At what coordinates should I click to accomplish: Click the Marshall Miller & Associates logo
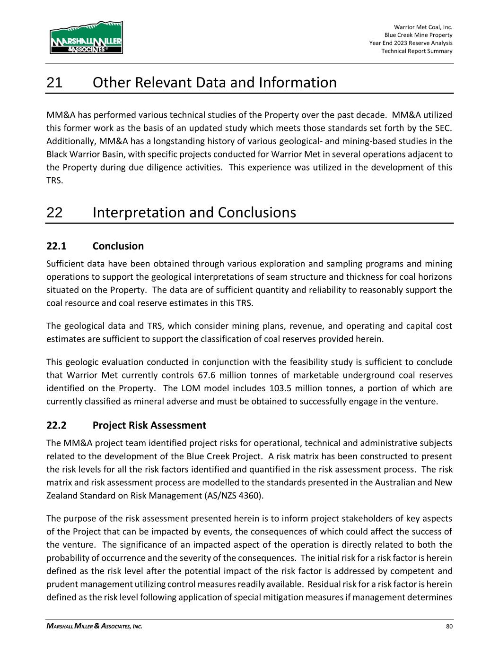pos(86,37)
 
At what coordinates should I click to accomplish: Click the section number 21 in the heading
pos(54,83)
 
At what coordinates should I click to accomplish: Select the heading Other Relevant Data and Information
pos(215,83)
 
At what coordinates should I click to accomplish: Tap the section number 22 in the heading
pos(54,213)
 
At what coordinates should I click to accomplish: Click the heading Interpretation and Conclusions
pos(194,213)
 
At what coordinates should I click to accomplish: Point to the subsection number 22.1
pos(56,246)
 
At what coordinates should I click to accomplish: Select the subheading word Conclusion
pos(118,246)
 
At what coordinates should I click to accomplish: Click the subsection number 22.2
pos(56,425)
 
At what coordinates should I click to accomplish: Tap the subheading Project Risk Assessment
pos(149,425)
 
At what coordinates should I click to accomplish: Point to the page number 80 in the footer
pos(449,627)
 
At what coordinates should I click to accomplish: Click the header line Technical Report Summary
pos(417,51)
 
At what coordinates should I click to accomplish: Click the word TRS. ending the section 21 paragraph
pos(53,181)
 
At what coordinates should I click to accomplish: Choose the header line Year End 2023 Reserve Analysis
pos(411,43)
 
